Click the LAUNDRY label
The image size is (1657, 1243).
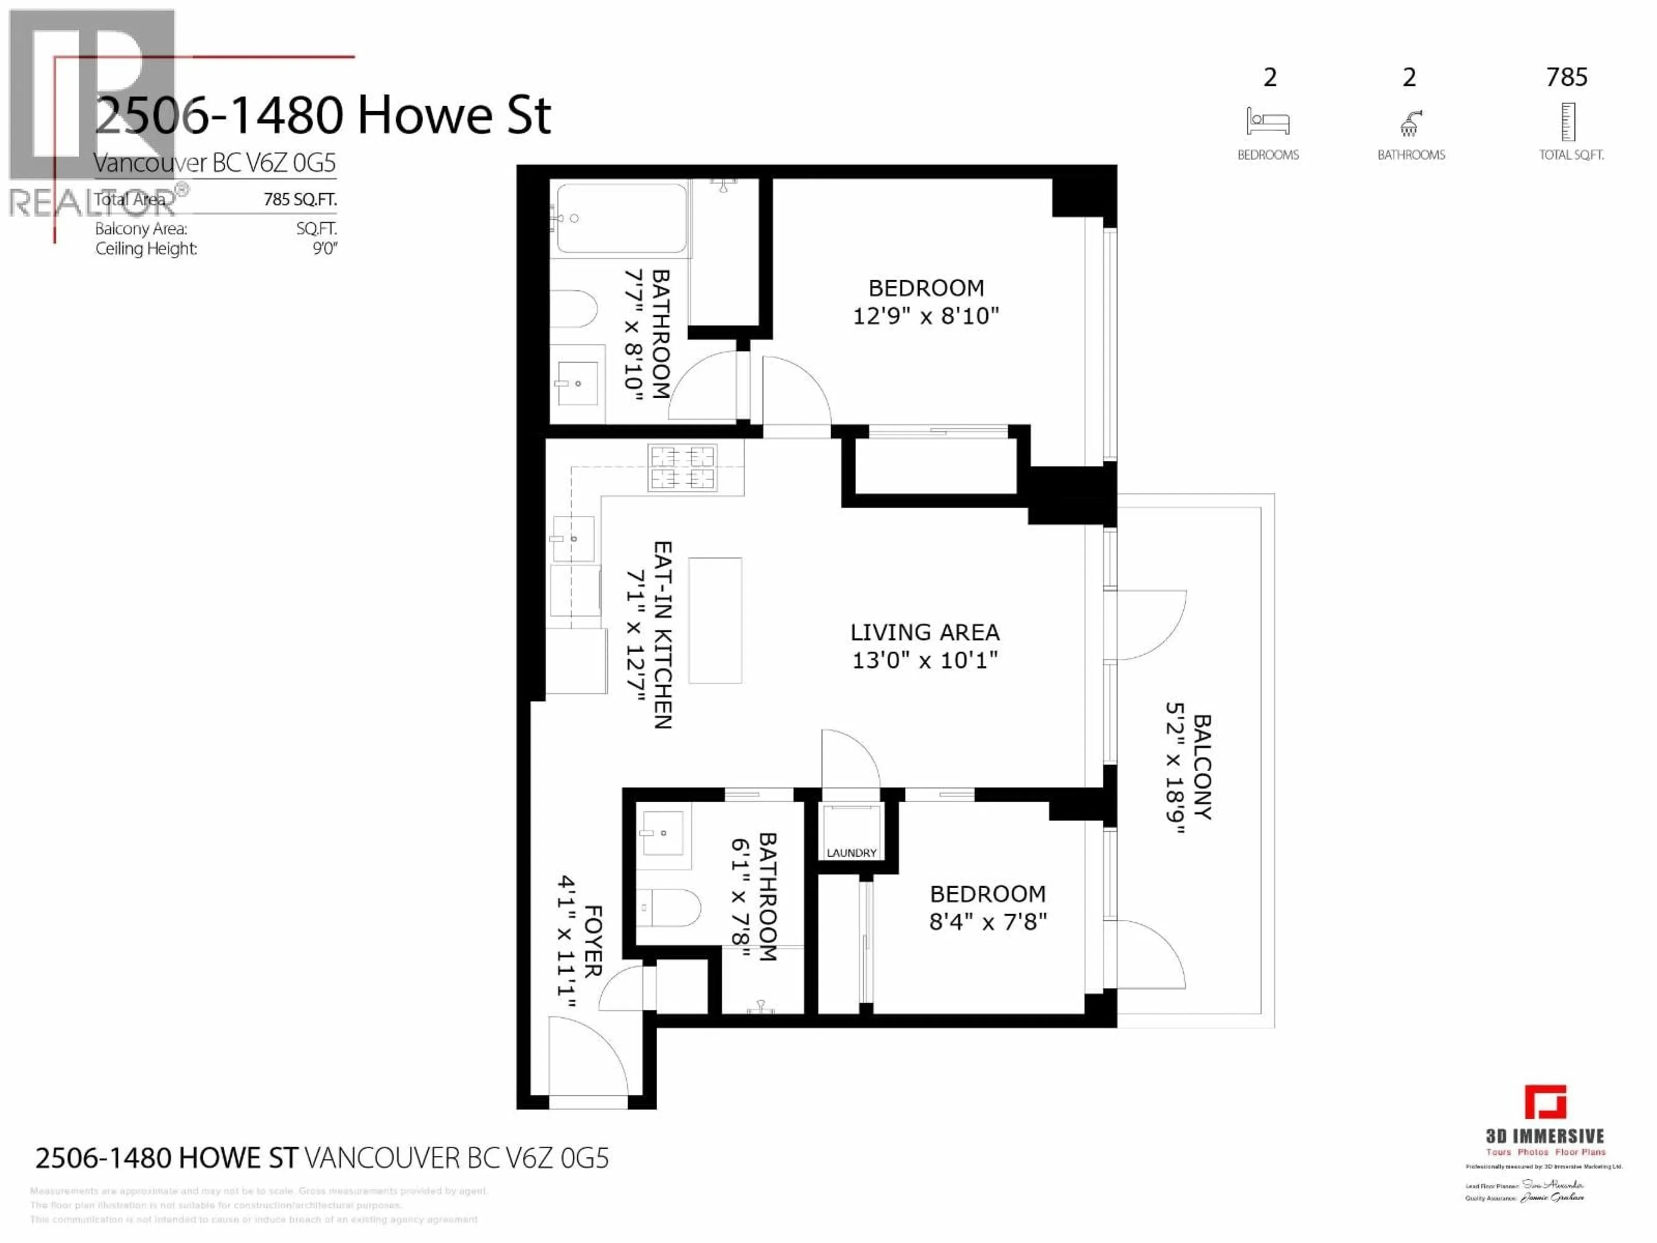pyautogui.click(x=851, y=853)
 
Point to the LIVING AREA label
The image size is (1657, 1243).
pyautogui.click(x=924, y=632)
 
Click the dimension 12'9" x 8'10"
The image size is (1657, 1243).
pyautogui.click(x=926, y=316)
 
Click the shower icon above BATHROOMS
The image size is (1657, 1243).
pyautogui.click(x=1410, y=123)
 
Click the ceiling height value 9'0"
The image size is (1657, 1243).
pyautogui.click(x=325, y=249)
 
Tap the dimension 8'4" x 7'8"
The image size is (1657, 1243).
pyautogui.click(x=987, y=921)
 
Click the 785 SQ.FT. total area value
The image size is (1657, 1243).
pyautogui.click(x=299, y=199)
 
